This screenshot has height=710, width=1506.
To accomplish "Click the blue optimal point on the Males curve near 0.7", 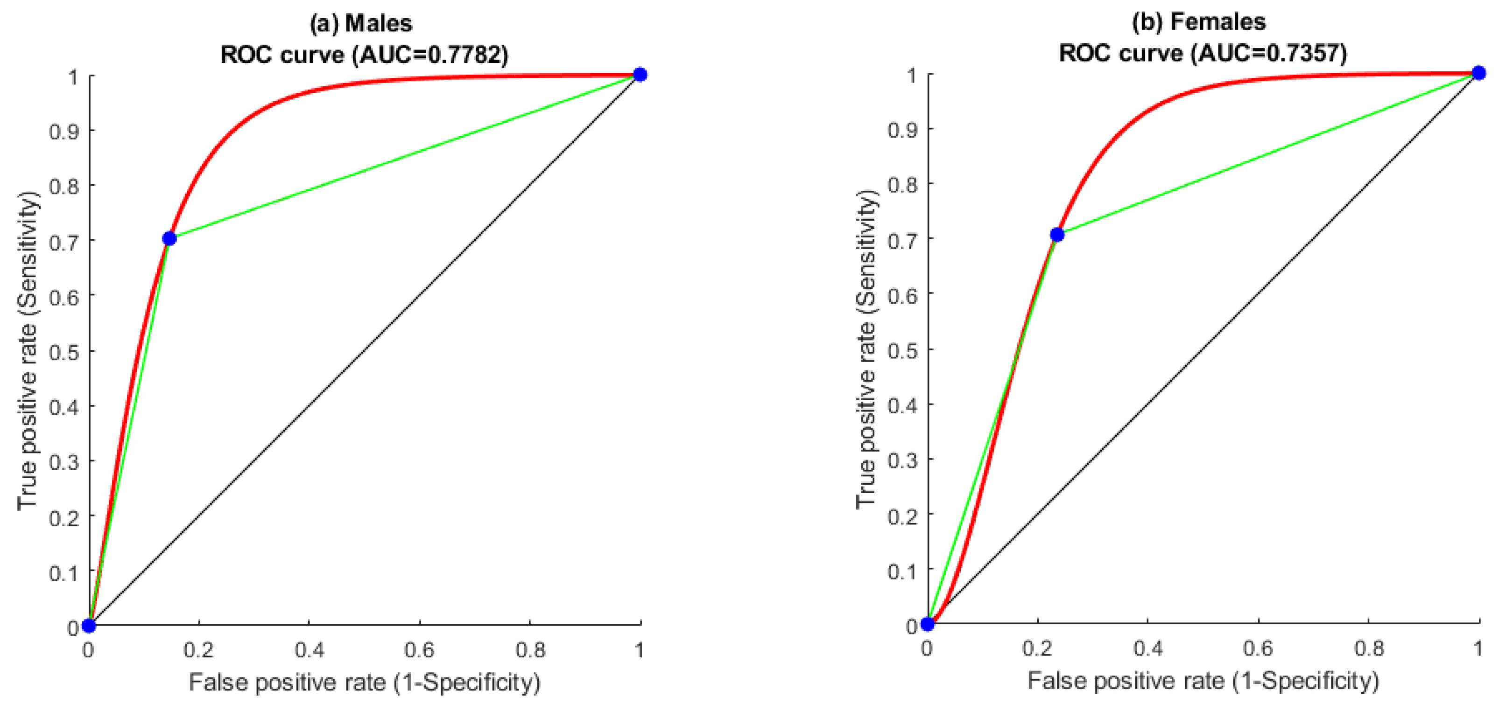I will [169, 238].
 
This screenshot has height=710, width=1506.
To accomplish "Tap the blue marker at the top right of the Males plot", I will [640, 75].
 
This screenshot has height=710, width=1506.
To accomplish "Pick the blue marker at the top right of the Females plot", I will [1479, 73].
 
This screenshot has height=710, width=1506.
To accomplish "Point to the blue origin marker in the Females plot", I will [928, 624].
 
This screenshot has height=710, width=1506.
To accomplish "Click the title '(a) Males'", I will [361, 23].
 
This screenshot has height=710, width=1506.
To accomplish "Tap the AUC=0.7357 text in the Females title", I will [1272, 53].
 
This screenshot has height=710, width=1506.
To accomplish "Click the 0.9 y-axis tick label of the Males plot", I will [64, 132].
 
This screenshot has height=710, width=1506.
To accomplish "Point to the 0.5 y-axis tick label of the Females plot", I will [903, 350].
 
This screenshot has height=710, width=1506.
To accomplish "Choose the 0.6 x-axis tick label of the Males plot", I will [419, 650].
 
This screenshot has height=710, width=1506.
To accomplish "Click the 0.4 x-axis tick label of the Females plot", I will [1147, 648].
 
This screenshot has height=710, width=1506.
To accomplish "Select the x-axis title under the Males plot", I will [365, 682].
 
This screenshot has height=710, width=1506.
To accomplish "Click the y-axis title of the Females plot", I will [866, 349].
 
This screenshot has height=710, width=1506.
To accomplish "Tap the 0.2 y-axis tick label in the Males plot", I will [64, 517].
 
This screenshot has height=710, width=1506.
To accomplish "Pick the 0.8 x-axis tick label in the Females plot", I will [1369, 648].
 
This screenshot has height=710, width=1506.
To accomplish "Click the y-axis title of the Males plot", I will [28, 351].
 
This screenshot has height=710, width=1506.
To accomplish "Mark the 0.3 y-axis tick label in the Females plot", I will [903, 460].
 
